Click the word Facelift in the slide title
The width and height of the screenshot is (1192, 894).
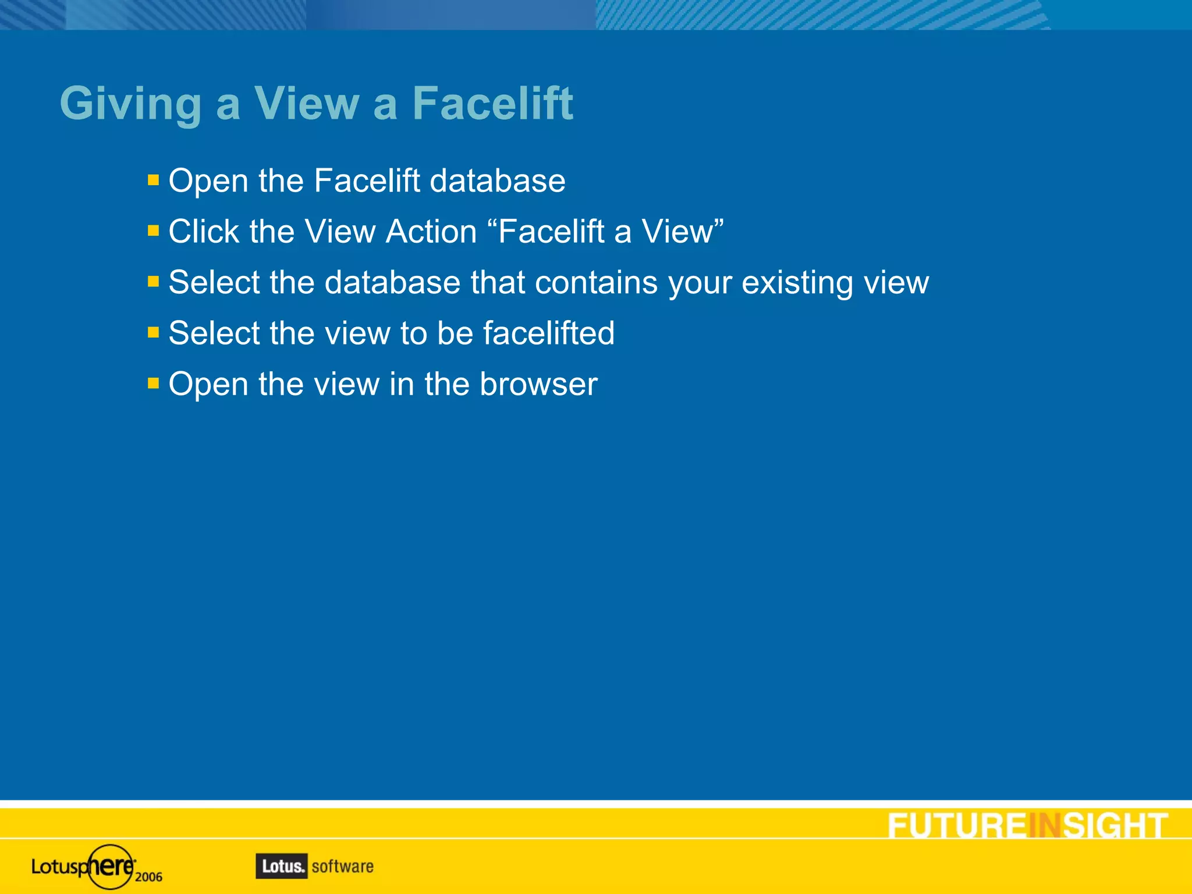tap(492, 104)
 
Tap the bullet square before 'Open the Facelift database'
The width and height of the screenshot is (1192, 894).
tap(153, 180)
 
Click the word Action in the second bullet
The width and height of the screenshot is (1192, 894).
tap(431, 232)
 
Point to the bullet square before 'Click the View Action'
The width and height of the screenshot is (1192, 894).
tap(153, 231)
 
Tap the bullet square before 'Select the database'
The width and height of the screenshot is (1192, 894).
tap(153, 282)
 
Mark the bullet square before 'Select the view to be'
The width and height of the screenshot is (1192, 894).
tap(153, 332)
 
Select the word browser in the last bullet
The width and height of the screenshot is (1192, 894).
tap(538, 384)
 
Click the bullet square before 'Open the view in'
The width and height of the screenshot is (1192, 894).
tap(153, 383)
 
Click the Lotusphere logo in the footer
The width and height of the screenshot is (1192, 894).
tap(84, 867)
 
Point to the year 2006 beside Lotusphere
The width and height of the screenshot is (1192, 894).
tap(148, 877)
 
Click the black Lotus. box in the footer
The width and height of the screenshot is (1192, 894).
tap(282, 866)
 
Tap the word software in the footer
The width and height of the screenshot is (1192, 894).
tap(342, 867)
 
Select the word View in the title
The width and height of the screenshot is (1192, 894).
tap(307, 104)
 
